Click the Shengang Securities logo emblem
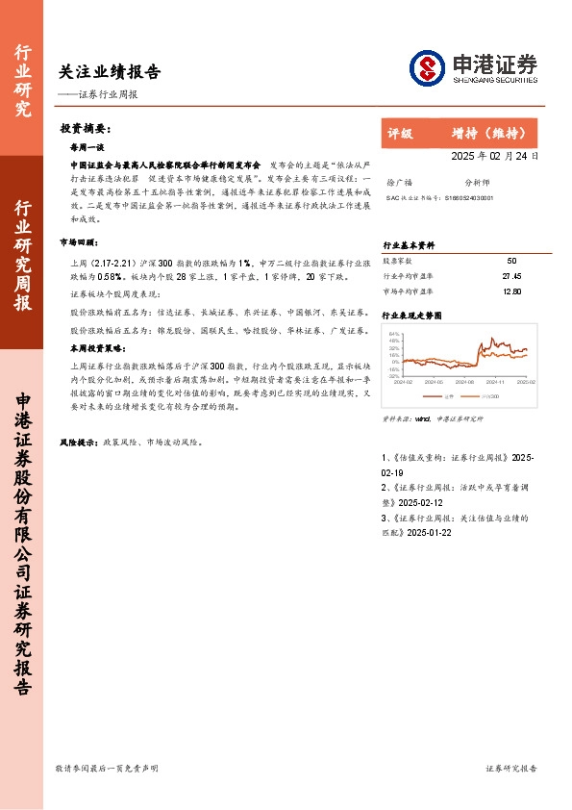428,67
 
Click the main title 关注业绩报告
110,72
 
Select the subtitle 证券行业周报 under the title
106,94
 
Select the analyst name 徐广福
398,181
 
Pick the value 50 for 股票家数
510,261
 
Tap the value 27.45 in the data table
510,275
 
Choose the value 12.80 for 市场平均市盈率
510,290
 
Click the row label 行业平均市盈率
408,275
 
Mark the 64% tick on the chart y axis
393,334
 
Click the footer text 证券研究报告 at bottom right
511,768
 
